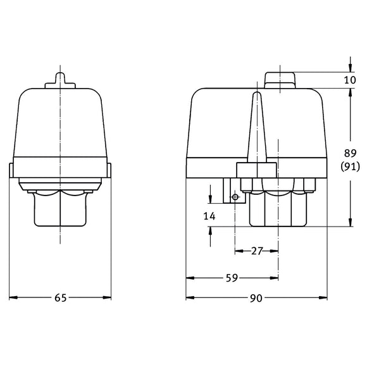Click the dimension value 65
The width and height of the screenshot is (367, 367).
coord(60,298)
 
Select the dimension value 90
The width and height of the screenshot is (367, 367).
coord(256,298)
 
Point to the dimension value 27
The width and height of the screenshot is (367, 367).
coord(256,251)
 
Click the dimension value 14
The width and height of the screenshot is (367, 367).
coord(209,216)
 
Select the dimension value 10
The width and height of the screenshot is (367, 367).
coord(351,80)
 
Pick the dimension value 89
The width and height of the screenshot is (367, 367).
coord(350,152)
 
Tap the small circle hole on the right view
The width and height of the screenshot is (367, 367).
coord(235,197)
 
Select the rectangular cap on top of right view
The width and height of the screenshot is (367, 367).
coord(279,79)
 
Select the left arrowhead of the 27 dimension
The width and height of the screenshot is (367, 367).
coord(238,251)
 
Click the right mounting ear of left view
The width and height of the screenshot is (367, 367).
coord(109,170)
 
